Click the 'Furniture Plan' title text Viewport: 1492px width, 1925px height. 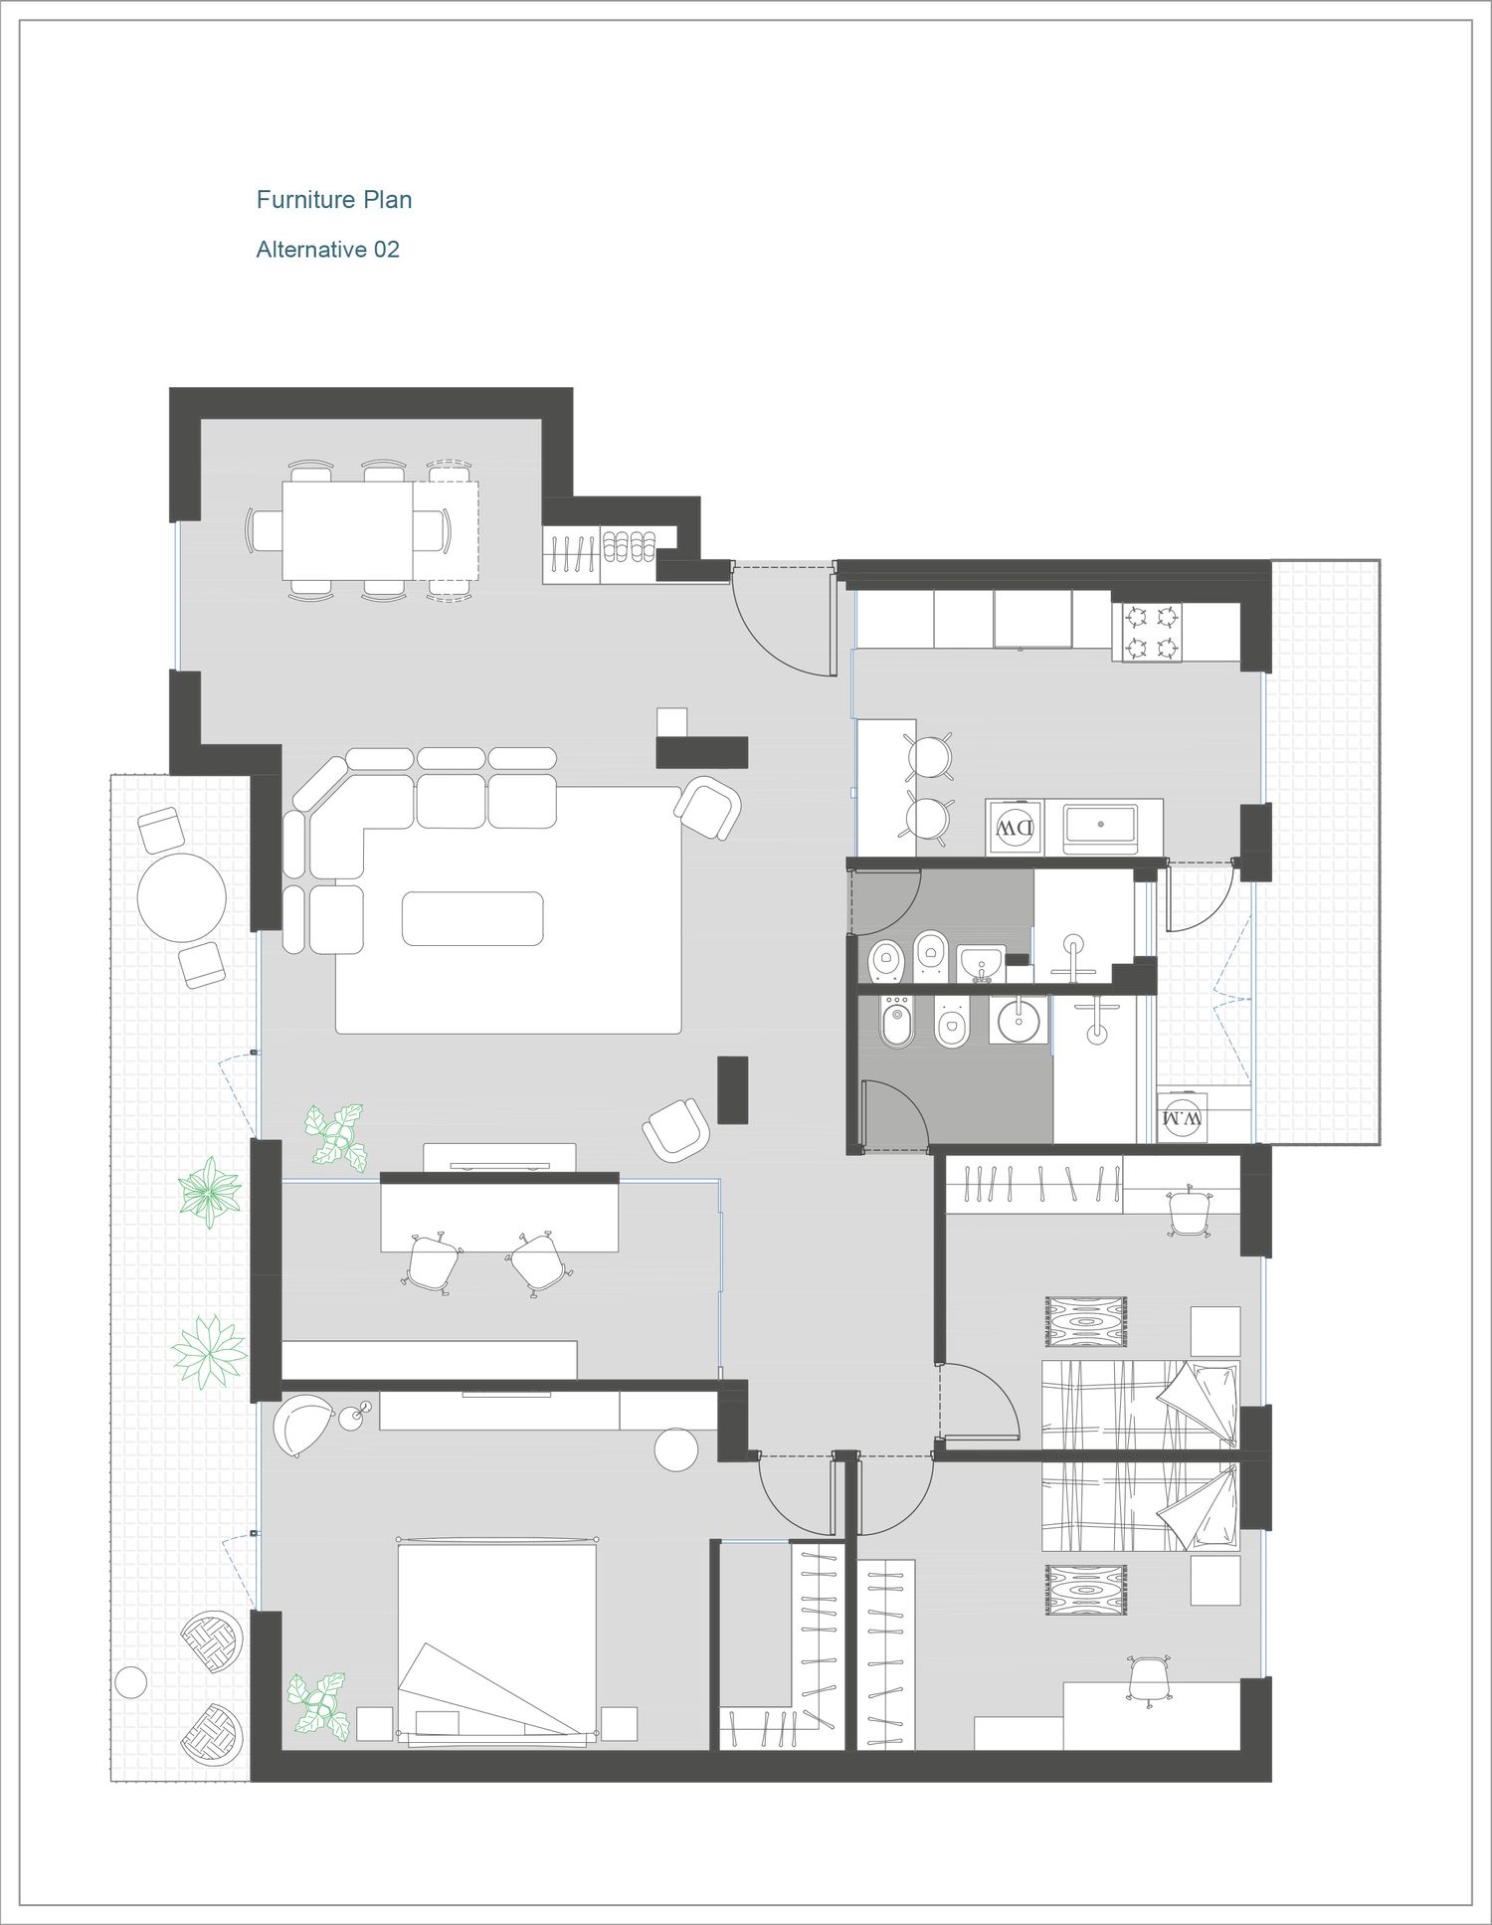334,200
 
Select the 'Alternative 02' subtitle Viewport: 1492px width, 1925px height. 328,250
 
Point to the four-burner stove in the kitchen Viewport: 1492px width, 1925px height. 1153,634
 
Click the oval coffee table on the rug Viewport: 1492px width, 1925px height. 472,918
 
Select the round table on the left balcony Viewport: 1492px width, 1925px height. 182,897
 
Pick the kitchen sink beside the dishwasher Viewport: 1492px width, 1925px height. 1099,824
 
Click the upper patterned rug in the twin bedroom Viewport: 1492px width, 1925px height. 1085,1322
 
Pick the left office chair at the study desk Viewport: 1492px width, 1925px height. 434,1260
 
